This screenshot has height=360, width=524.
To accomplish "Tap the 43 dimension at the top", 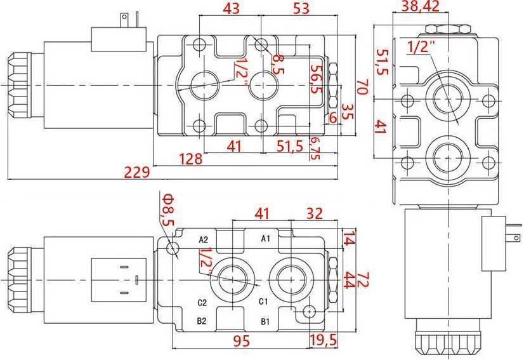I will [232, 8].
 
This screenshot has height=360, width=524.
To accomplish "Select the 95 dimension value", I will [240, 341].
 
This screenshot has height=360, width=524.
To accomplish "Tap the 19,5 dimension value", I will [324, 341].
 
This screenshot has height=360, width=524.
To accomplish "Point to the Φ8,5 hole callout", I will [167, 211].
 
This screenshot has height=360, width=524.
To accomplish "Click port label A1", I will [266, 239].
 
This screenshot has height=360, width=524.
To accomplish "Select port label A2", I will [203, 239].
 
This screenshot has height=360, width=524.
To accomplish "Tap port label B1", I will [266, 321].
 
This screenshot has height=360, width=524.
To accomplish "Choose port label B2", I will [202, 321].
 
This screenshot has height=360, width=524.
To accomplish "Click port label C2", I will [202, 302].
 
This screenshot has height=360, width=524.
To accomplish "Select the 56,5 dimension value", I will [315, 78].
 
